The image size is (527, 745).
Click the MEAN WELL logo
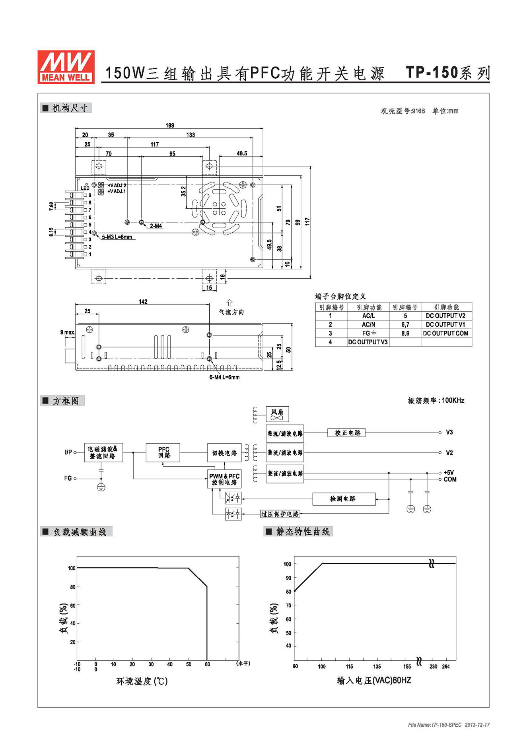coord(66,67)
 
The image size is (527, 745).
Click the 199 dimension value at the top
coord(170,125)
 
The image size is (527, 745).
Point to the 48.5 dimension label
coord(242,153)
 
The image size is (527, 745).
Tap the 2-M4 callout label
coord(156,226)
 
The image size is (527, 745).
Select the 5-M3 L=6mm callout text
coord(117,237)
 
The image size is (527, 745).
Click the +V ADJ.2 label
coord(117,185)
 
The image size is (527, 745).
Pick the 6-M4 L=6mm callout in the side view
coord(224,377)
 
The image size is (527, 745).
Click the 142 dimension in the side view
coord(143,302)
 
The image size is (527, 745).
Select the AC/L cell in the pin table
coord(368,316)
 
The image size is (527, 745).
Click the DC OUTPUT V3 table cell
coord(368,342)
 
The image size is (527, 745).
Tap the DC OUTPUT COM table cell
coord(446,333)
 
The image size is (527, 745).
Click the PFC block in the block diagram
coord(163,452)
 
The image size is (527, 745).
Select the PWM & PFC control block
coord(224,479)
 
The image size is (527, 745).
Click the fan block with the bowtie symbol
coord(277,414)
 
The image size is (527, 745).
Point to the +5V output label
coord(449,473)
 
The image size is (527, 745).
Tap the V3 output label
coord(449,432)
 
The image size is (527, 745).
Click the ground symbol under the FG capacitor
coord(101,487)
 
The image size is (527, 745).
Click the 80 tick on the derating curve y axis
coord(73,587)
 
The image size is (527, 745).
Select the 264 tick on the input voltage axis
coord(446,667)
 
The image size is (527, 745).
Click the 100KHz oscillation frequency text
coord(453,400)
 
